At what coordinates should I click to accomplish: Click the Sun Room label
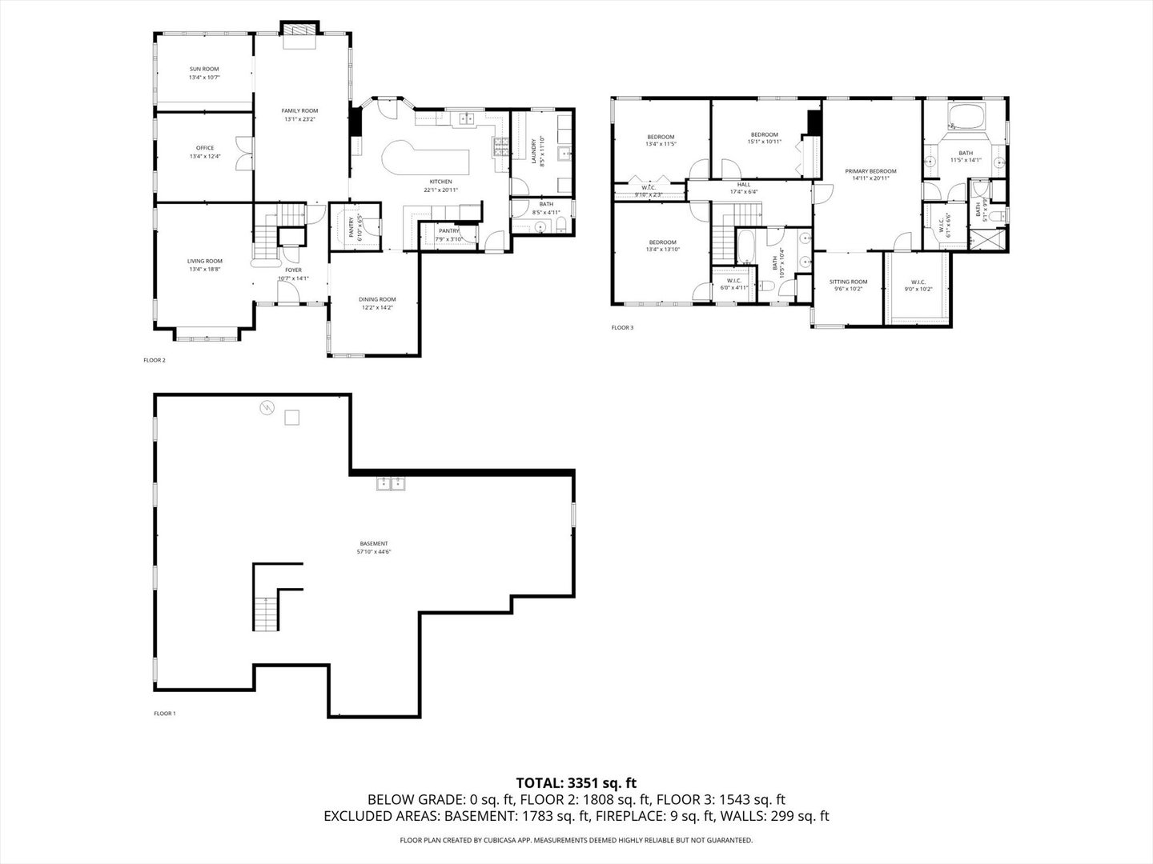click(204, 70)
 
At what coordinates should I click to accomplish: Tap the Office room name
click(204, 148)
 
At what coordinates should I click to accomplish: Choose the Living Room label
click(204, 261)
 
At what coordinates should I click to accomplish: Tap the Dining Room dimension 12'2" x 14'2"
click(376, 307)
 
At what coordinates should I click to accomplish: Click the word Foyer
click(294, 270)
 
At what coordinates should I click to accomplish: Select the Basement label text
click(373, 544)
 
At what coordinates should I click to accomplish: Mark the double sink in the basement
click(391, 483)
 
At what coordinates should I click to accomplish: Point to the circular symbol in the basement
click(266, 410)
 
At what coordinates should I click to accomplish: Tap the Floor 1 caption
click(164, 713)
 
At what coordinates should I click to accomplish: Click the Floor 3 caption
click(622, 327)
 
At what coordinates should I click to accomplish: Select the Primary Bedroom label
click(870, 171)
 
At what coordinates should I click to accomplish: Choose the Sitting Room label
click(848, 282)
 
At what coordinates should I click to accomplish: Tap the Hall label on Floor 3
click(744, 184)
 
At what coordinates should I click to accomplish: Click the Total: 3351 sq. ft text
click(576, 782)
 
